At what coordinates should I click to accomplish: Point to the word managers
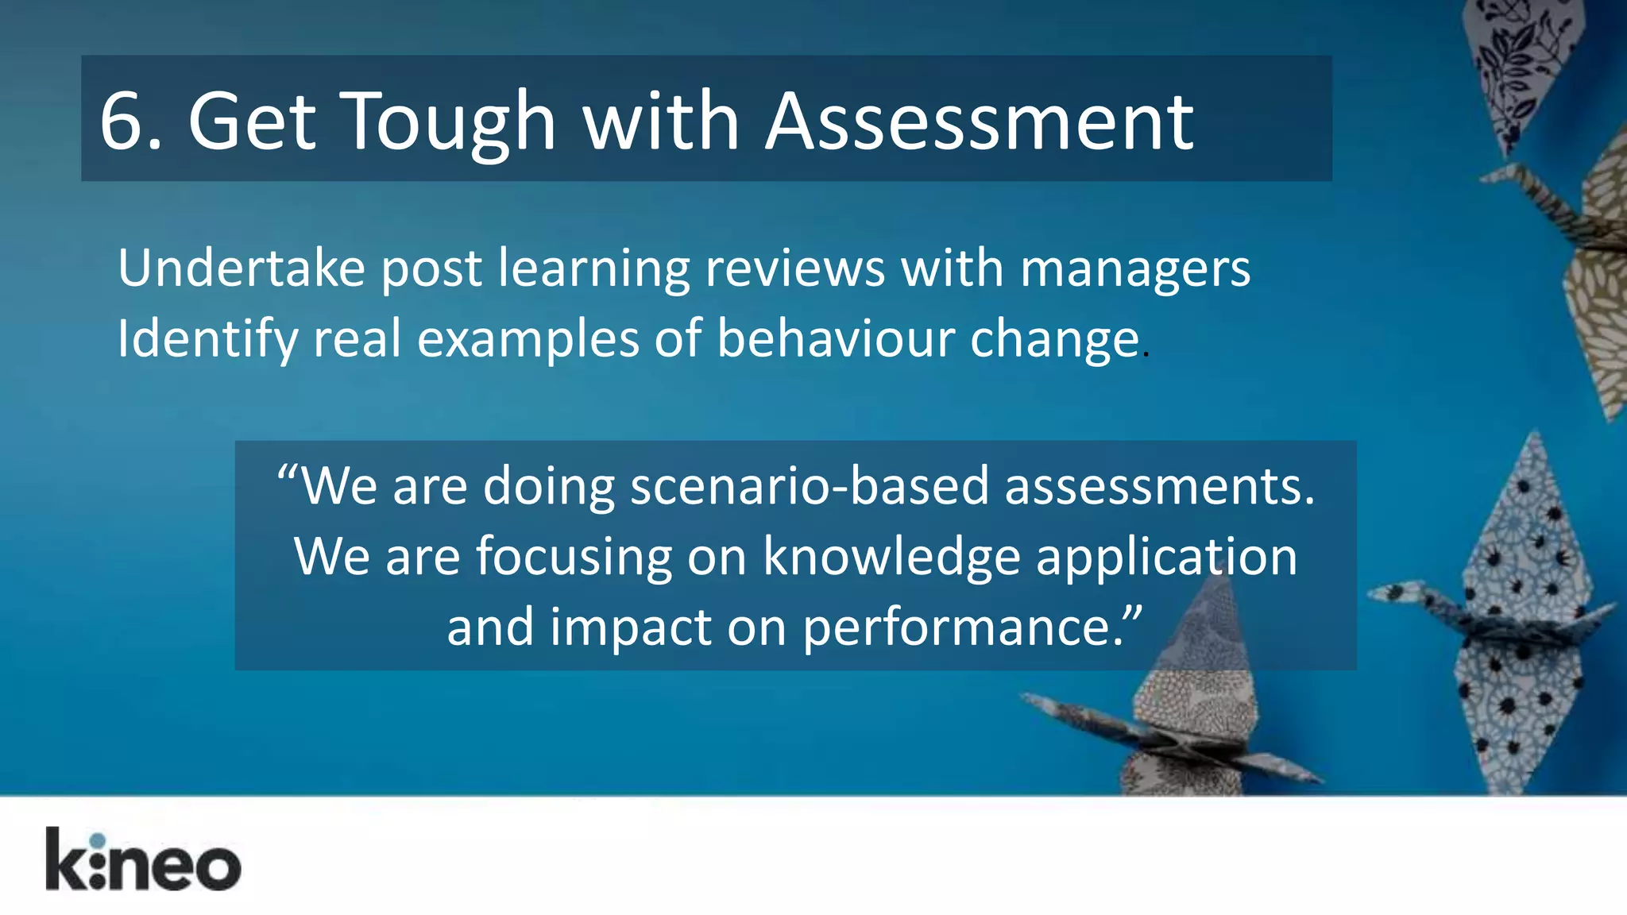coord(1134,270)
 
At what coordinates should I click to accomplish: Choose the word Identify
coord(207,339)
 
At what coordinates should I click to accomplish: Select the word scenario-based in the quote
coord(809,485)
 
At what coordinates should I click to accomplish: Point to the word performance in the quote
coord(961,627)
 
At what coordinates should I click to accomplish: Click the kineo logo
coord(143,860)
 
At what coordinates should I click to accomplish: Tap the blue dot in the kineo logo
coord(97,841)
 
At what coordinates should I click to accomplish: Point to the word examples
coord(528,339)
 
